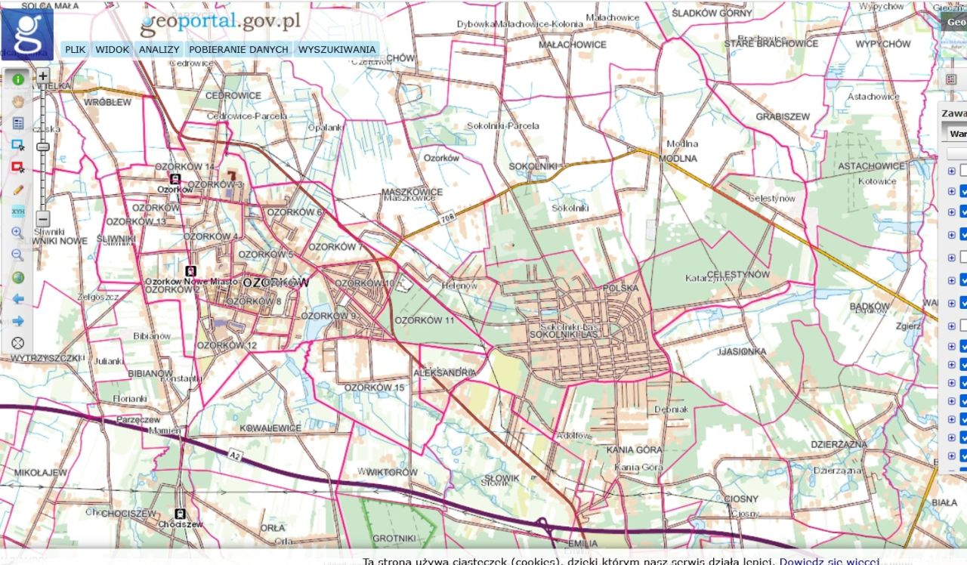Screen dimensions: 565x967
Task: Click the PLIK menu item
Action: pos(75,50)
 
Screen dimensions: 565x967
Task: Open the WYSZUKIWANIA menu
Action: pos(337,50)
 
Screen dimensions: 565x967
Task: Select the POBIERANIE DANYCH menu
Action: pos(239,50)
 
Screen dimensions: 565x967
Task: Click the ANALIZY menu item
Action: pos(159,50)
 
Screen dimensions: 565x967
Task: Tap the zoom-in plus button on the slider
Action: pos(43,76)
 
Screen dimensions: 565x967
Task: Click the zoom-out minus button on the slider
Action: pos(43,217)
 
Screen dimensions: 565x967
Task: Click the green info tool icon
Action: pos(18,79)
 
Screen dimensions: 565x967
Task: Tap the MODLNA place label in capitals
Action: pos(678,159)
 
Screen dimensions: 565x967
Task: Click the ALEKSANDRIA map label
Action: pos(445,373)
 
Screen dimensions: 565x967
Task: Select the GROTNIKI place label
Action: pos(394,539)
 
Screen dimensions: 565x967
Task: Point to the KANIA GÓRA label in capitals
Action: pos(634,449)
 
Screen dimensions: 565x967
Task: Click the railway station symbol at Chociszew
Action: pos(180,514)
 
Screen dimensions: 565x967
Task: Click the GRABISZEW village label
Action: pos(783,117)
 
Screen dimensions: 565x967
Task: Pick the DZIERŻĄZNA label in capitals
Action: pos(839,445)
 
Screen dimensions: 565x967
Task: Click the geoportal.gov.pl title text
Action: pos(221,23)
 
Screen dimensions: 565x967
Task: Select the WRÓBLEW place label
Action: pos(108,102)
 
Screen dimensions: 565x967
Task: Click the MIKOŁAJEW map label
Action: pos(41,473)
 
